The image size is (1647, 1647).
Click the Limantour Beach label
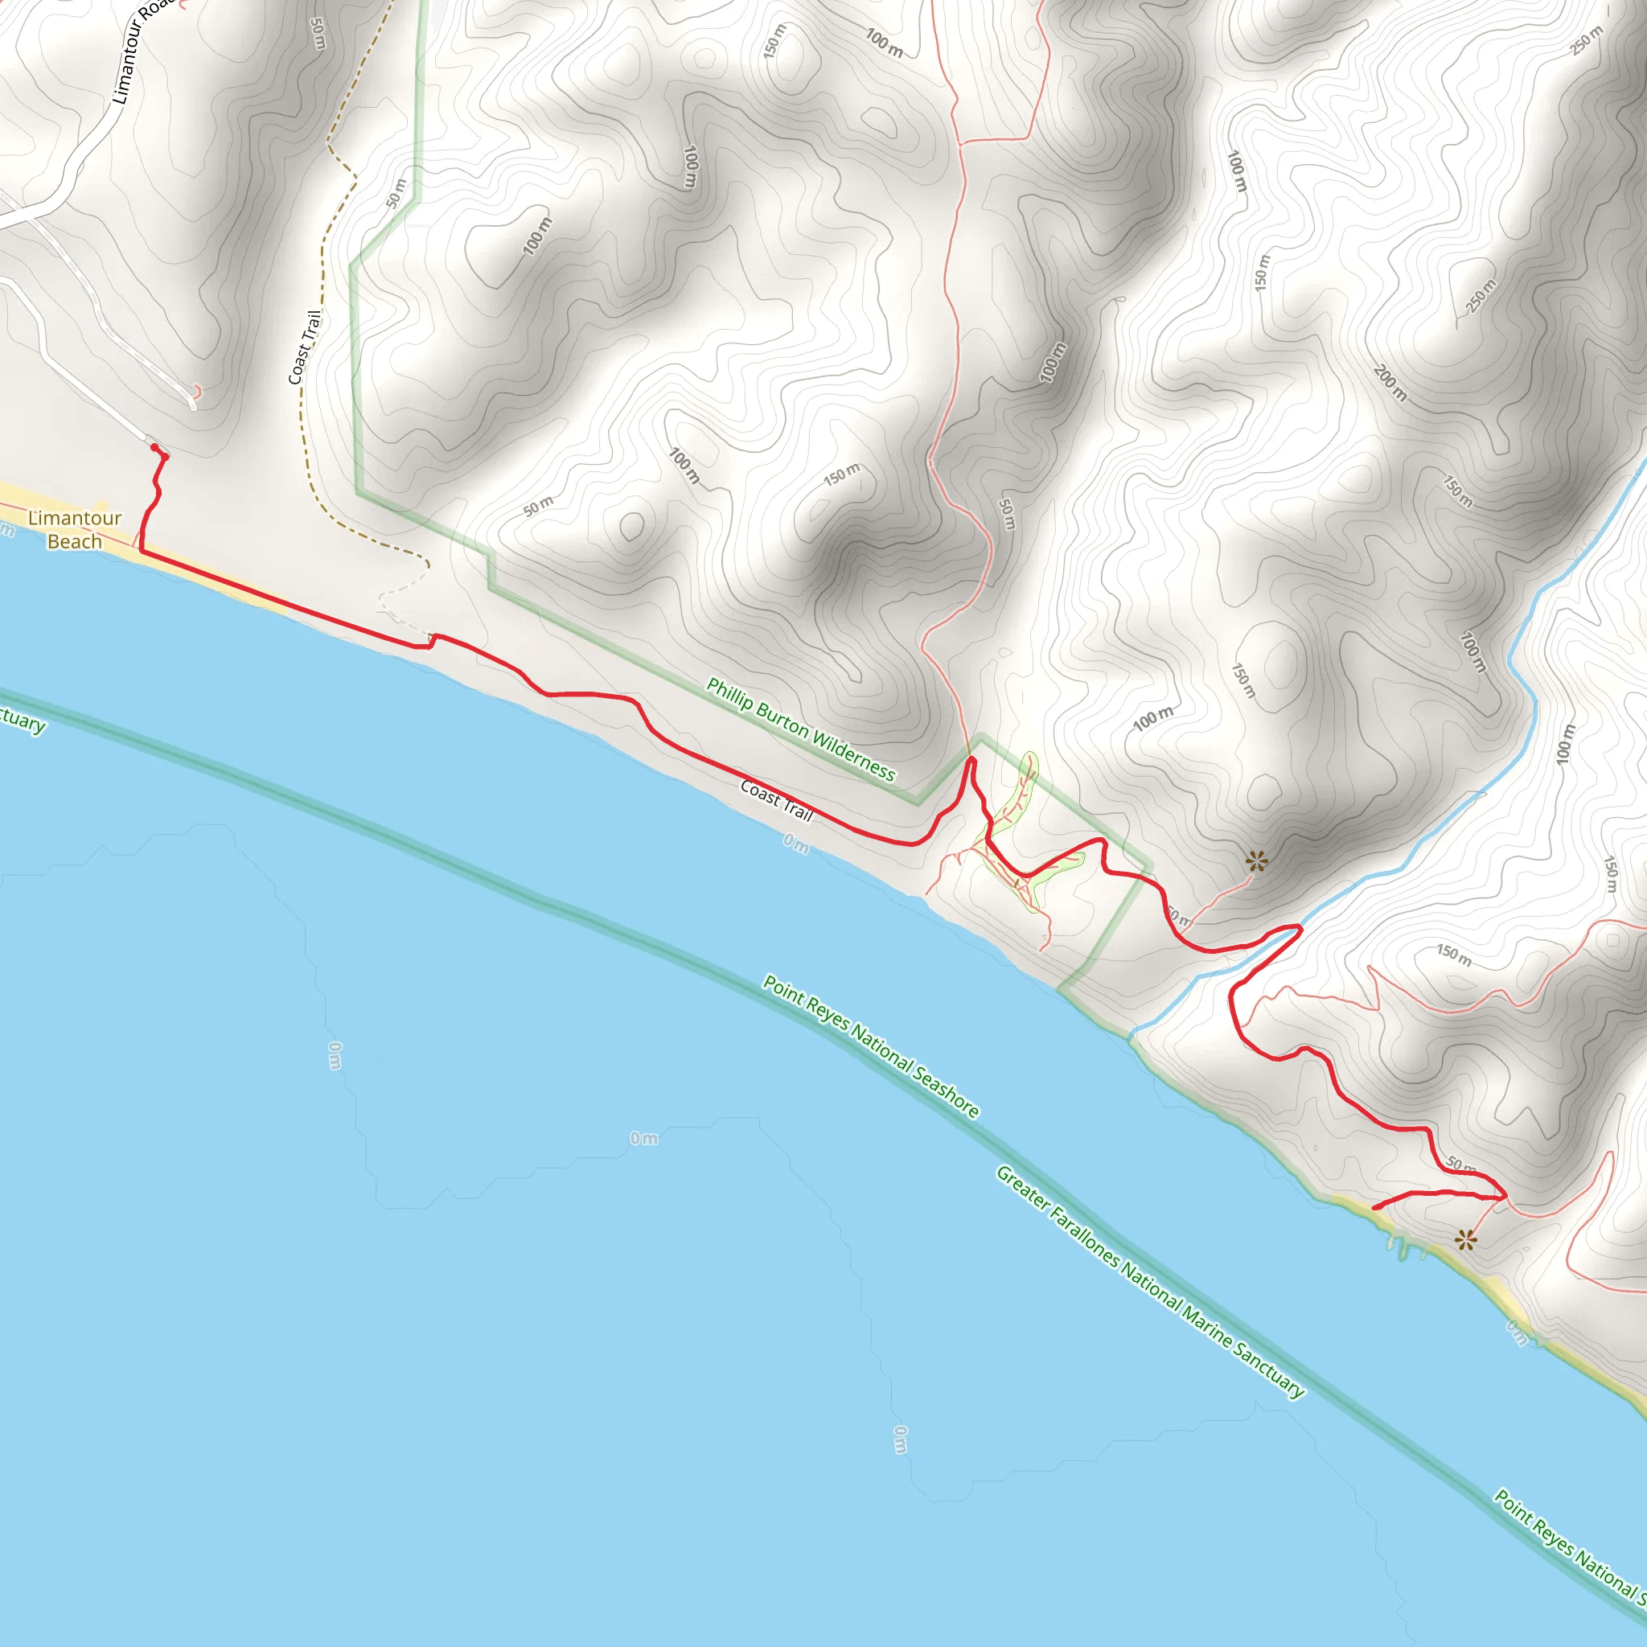pyautogui.click(x=74, y=529)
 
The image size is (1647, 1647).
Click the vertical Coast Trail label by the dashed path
pyautogui.click(x=304, y=347)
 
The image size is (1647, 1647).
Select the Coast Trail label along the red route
pyautogui.click(x=777, y=799)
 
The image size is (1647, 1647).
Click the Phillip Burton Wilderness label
pyautogui.click(x=800, y=729)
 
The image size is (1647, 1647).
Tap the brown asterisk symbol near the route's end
pyautogui.click(x=1465, y=1240)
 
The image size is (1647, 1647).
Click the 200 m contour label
pyautogui.click(x=1390, y=383)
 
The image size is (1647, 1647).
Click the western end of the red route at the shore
pyautogui.click(x=1375, y=1208)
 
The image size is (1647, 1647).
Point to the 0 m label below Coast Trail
pyautogui.click(x=796, y=844)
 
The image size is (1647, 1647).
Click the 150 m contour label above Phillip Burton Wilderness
pyautogui.click(x=841, y=474)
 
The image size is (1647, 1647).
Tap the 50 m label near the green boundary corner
pyautogui.click(x=396, y=194)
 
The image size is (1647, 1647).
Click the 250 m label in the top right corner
pyautogui.click(x=1587, y=40)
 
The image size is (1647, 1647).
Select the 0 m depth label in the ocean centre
pyautogui.click(x=643, y=1138)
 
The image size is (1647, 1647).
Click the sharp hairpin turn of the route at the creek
pyautogui.click(x=1300, y=926)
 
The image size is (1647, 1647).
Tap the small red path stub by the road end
pyautogui.click(x=197, y=392)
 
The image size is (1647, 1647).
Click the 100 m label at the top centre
pyautogui.click(x=883, y=43)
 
